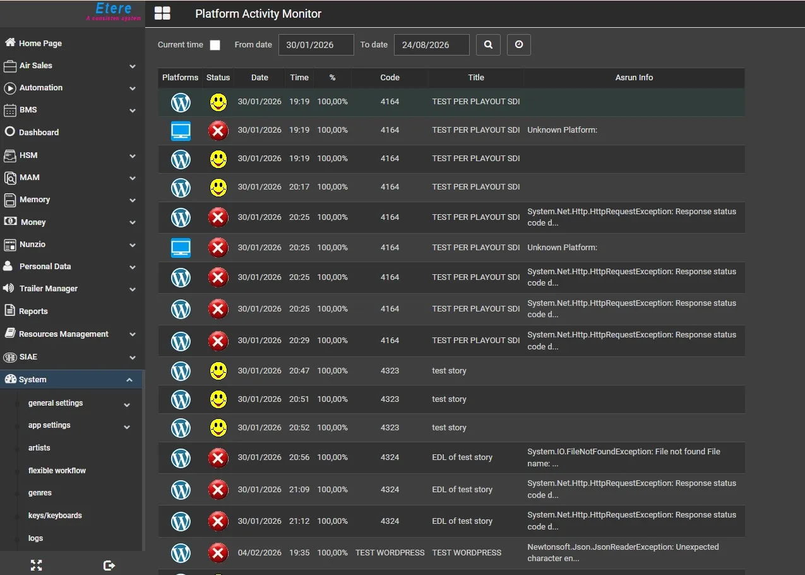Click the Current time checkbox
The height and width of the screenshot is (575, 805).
tap(215, 45)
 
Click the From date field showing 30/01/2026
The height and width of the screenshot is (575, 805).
tap(316, 45)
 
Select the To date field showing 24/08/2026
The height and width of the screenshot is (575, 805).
tap(432, 45)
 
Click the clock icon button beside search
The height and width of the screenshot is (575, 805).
tap(518, 45)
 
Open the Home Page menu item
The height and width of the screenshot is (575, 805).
tap(33, 43)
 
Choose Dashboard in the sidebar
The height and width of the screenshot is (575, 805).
tap(32, 132)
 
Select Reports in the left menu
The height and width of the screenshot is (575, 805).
tap(26, 311)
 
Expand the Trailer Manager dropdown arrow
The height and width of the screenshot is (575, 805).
tap(133, 289)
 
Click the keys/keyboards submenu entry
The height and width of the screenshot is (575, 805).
tap(55, 516)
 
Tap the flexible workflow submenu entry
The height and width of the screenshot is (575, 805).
tap(57, 470)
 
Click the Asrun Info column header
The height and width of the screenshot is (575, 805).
tap(634, 77)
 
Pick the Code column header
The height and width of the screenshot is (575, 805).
tap(390, 77)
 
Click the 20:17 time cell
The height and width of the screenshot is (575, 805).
tap(299, 187)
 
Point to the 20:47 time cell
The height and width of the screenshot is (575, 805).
tap(299, 371)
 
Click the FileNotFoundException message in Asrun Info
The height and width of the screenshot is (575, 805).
tap(624, 457)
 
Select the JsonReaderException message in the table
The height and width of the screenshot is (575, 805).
tap(623, 552)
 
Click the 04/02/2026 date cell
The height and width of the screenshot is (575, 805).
tap(259, 553)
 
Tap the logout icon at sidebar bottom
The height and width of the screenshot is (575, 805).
tap(109, 566)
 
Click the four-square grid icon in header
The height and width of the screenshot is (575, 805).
tap(162, 13)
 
